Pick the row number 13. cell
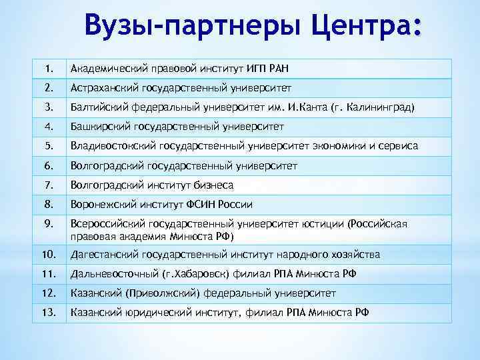[x=49, y=312]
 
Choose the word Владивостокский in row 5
[x=113, y=145]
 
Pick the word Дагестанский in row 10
[x=105, y=254]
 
